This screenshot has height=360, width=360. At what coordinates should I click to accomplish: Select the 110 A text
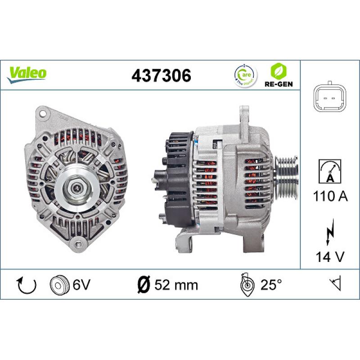coord(330,196)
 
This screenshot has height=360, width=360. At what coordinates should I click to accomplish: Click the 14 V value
coord(330,257)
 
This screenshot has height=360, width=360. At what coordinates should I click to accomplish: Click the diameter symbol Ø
coord(142,284)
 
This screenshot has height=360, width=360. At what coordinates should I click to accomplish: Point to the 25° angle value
coord(270,284)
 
